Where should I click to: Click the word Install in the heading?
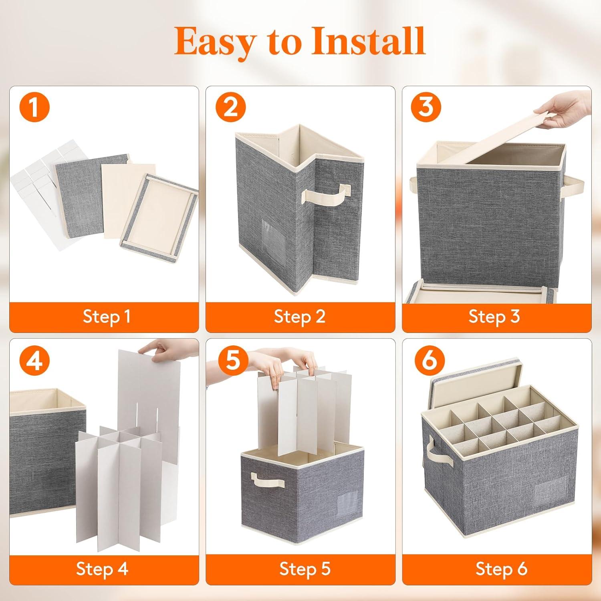click(368, 41)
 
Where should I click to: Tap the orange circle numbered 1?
click(34, 107)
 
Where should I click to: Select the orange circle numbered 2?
click(231, 107)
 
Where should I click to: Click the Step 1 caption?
click(107, 317)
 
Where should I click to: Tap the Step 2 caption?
click(300, 317)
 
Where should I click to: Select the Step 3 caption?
click(494, 317)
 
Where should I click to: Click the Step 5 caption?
click(305, 569)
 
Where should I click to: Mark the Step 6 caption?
click(501, 569)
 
